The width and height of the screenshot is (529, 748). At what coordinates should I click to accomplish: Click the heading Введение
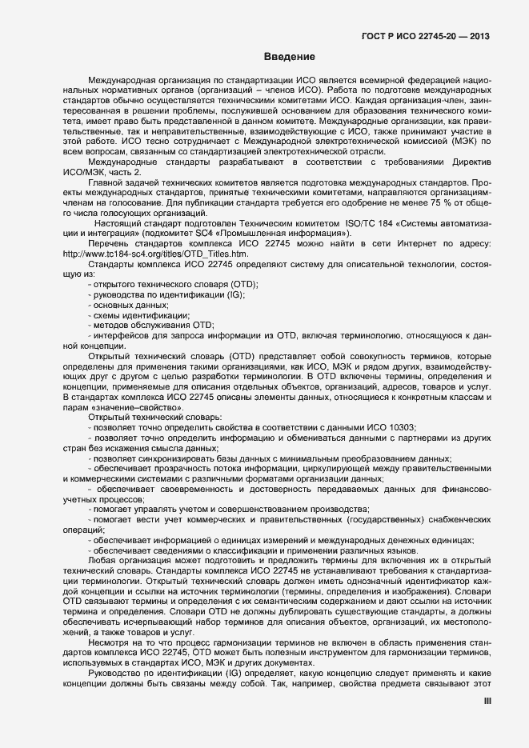click(289, 57)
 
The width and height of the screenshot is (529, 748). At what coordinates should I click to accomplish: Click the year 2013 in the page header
click(476, 36)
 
